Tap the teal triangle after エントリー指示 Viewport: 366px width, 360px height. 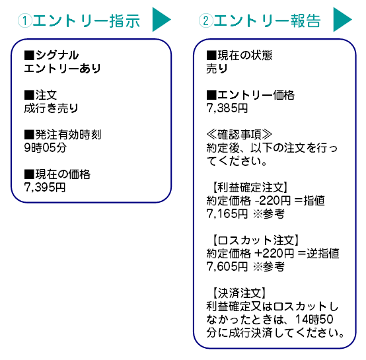pos(161,20)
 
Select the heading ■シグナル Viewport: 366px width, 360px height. pos(51,55)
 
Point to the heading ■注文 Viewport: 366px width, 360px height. pos(40,95)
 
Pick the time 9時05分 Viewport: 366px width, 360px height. pos(45,148)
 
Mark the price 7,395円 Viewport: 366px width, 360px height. pos(44,188)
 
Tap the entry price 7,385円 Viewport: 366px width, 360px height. pos(227,108)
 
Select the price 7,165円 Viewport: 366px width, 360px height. pos(227,213)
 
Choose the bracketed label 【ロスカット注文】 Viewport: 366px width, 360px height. pos(255,239)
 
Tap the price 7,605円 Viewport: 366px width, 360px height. pos(227,266)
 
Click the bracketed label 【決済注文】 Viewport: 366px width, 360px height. pos(238,292)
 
